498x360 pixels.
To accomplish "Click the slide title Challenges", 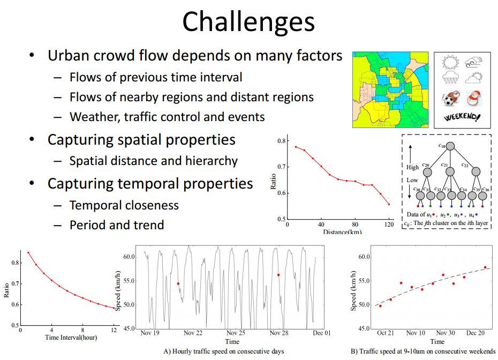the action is [248, 21].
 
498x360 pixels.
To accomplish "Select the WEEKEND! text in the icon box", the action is [462, 117].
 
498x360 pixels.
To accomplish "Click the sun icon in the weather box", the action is [450, 62].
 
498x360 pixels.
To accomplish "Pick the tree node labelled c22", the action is [476, 171].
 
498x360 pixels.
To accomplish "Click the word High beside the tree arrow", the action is [412, 167].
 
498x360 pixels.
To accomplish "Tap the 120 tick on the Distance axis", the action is [389, 224].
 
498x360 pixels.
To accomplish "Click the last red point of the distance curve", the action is [389, 204].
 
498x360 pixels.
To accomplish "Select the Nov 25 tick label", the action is [236, 333].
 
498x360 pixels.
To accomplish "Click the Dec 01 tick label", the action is [321, 333].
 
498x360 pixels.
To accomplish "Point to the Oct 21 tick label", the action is [385, 333].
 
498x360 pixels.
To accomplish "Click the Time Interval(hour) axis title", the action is [71, 337].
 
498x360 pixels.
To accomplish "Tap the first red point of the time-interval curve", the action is [28, 253].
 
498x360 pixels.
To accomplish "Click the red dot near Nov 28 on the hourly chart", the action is [278, 275].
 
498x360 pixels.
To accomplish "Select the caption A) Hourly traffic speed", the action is [224, 351].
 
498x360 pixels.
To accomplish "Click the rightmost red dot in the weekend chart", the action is [485, 267].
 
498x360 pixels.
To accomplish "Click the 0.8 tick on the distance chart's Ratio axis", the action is [281, 141].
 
